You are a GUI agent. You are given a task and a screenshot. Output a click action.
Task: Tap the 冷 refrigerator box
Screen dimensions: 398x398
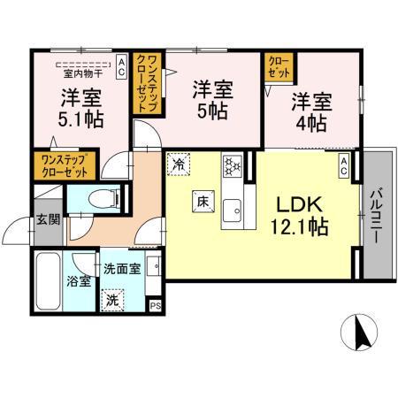tap(180, 164)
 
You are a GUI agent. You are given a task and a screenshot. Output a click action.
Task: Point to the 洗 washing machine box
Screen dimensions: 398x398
tap(113, 300)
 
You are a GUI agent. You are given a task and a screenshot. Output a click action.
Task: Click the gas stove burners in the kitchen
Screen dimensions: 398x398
tap(233, 165)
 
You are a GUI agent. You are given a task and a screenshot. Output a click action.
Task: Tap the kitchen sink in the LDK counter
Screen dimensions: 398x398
tap(233, 210)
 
